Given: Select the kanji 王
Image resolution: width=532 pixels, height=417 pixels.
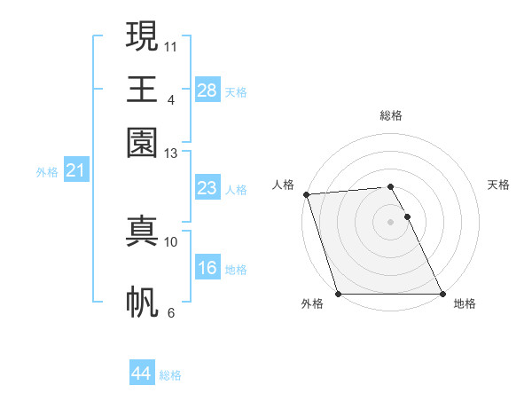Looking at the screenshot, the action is tap(142, 89).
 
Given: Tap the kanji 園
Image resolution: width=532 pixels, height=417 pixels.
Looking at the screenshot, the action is tap(142, 143).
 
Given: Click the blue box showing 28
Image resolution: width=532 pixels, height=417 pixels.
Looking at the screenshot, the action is tap(207, 90).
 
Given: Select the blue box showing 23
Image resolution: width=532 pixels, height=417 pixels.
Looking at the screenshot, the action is tap(207, 188).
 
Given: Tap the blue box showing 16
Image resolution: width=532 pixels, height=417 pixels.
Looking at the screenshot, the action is tap(207, 268).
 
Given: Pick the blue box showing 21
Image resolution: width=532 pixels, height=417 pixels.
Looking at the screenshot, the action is tap(75, 171).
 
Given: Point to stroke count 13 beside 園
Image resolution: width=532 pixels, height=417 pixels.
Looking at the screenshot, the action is tap(171, 153).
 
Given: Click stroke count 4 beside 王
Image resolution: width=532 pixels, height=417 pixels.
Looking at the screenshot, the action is tap(171, 99).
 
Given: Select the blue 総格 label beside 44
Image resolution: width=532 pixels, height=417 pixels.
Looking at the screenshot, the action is tap(170, 375).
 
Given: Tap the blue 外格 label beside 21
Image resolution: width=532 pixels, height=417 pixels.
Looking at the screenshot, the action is tap(47, 172).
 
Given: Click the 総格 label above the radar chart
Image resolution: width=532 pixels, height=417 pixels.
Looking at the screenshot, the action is tap(390, 115).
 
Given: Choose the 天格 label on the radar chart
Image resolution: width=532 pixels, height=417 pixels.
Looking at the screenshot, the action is tap(498, 185).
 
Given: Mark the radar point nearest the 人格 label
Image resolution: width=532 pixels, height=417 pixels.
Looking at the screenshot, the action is tap(306, 194).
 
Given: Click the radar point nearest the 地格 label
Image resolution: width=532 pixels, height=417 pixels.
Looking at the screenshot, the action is tap(442, 294).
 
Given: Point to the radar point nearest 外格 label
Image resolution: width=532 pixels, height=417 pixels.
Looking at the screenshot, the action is tap(338, 294).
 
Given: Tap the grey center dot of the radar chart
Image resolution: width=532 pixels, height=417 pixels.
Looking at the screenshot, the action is tap(390, 222).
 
